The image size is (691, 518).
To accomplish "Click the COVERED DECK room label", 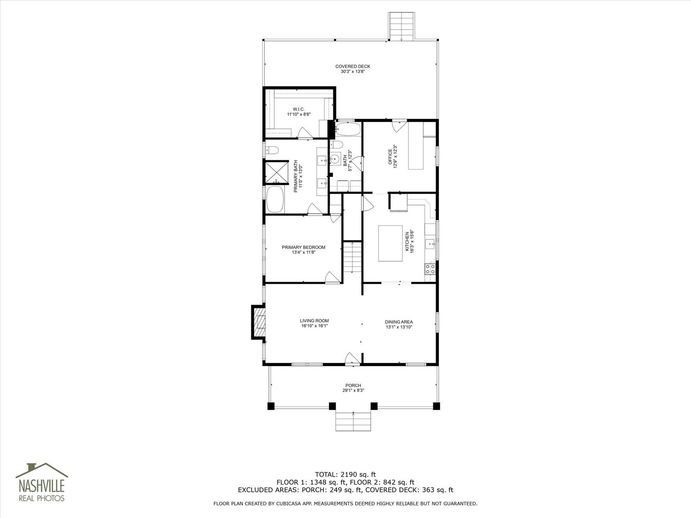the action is coord(353,67).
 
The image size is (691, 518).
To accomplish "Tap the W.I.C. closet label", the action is coord(299,109).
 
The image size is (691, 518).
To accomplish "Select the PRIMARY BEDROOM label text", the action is coord(304,247).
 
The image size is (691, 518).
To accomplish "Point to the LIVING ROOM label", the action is coord(314,321).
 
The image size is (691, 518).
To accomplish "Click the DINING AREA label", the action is coord(399,322).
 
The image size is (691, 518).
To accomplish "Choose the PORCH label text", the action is coord(353,385).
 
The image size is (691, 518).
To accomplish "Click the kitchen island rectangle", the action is coord(390,243).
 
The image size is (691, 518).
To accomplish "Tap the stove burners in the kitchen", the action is coord(431,268).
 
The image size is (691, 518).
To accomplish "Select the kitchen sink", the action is coord(431,244).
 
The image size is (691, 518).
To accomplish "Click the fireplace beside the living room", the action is coord(259,322).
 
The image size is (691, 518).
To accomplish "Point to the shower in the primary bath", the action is coord(276,172).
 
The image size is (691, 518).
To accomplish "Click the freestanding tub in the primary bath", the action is coord(275,199).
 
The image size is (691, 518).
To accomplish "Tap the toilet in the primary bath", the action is coord(272,151).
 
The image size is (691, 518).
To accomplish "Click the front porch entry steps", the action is coord(353,421).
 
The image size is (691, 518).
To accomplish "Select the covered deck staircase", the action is coord(401,27).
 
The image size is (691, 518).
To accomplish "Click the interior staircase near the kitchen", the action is coord(352,257).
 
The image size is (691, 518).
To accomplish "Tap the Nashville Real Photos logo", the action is coord(42,482).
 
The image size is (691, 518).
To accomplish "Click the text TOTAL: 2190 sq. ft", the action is coord(345,474).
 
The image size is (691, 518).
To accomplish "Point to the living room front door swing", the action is coord(353,358).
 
